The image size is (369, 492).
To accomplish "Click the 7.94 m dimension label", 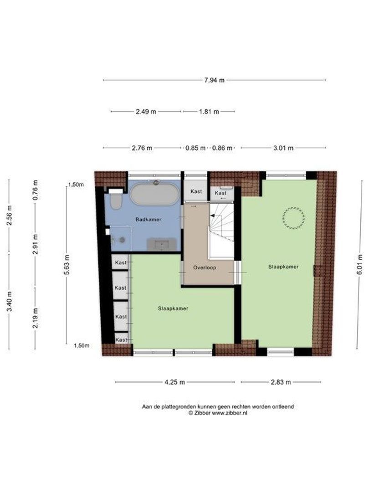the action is (x=214, y=80).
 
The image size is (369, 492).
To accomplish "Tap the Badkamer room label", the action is (x=149, y=219).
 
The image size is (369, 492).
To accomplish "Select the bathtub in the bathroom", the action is (x=155, y=194).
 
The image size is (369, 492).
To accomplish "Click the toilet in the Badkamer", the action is (x=116, y=200).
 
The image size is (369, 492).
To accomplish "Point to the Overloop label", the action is (x=205, y=268).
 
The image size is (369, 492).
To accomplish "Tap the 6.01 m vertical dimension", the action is (x=359, y=264).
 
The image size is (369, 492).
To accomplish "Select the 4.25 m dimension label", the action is (x=175, y=382).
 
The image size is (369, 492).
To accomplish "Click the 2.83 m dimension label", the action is (x=281, y=382).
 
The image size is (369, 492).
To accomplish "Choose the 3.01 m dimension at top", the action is (x=283, y=148).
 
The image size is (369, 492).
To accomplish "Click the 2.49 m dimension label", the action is (x=146, y=112).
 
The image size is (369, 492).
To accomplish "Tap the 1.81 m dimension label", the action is (x=209, y=112).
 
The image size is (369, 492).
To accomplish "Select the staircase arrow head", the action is (x=212, y=215).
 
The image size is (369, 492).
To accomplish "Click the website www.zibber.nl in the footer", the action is (x=229, y=413).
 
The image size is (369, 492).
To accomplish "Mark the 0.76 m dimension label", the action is (x=36, y=190).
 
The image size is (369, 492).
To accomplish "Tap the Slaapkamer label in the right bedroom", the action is (x=283, y=266).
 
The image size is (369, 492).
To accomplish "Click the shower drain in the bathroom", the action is (x=122, y=240).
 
